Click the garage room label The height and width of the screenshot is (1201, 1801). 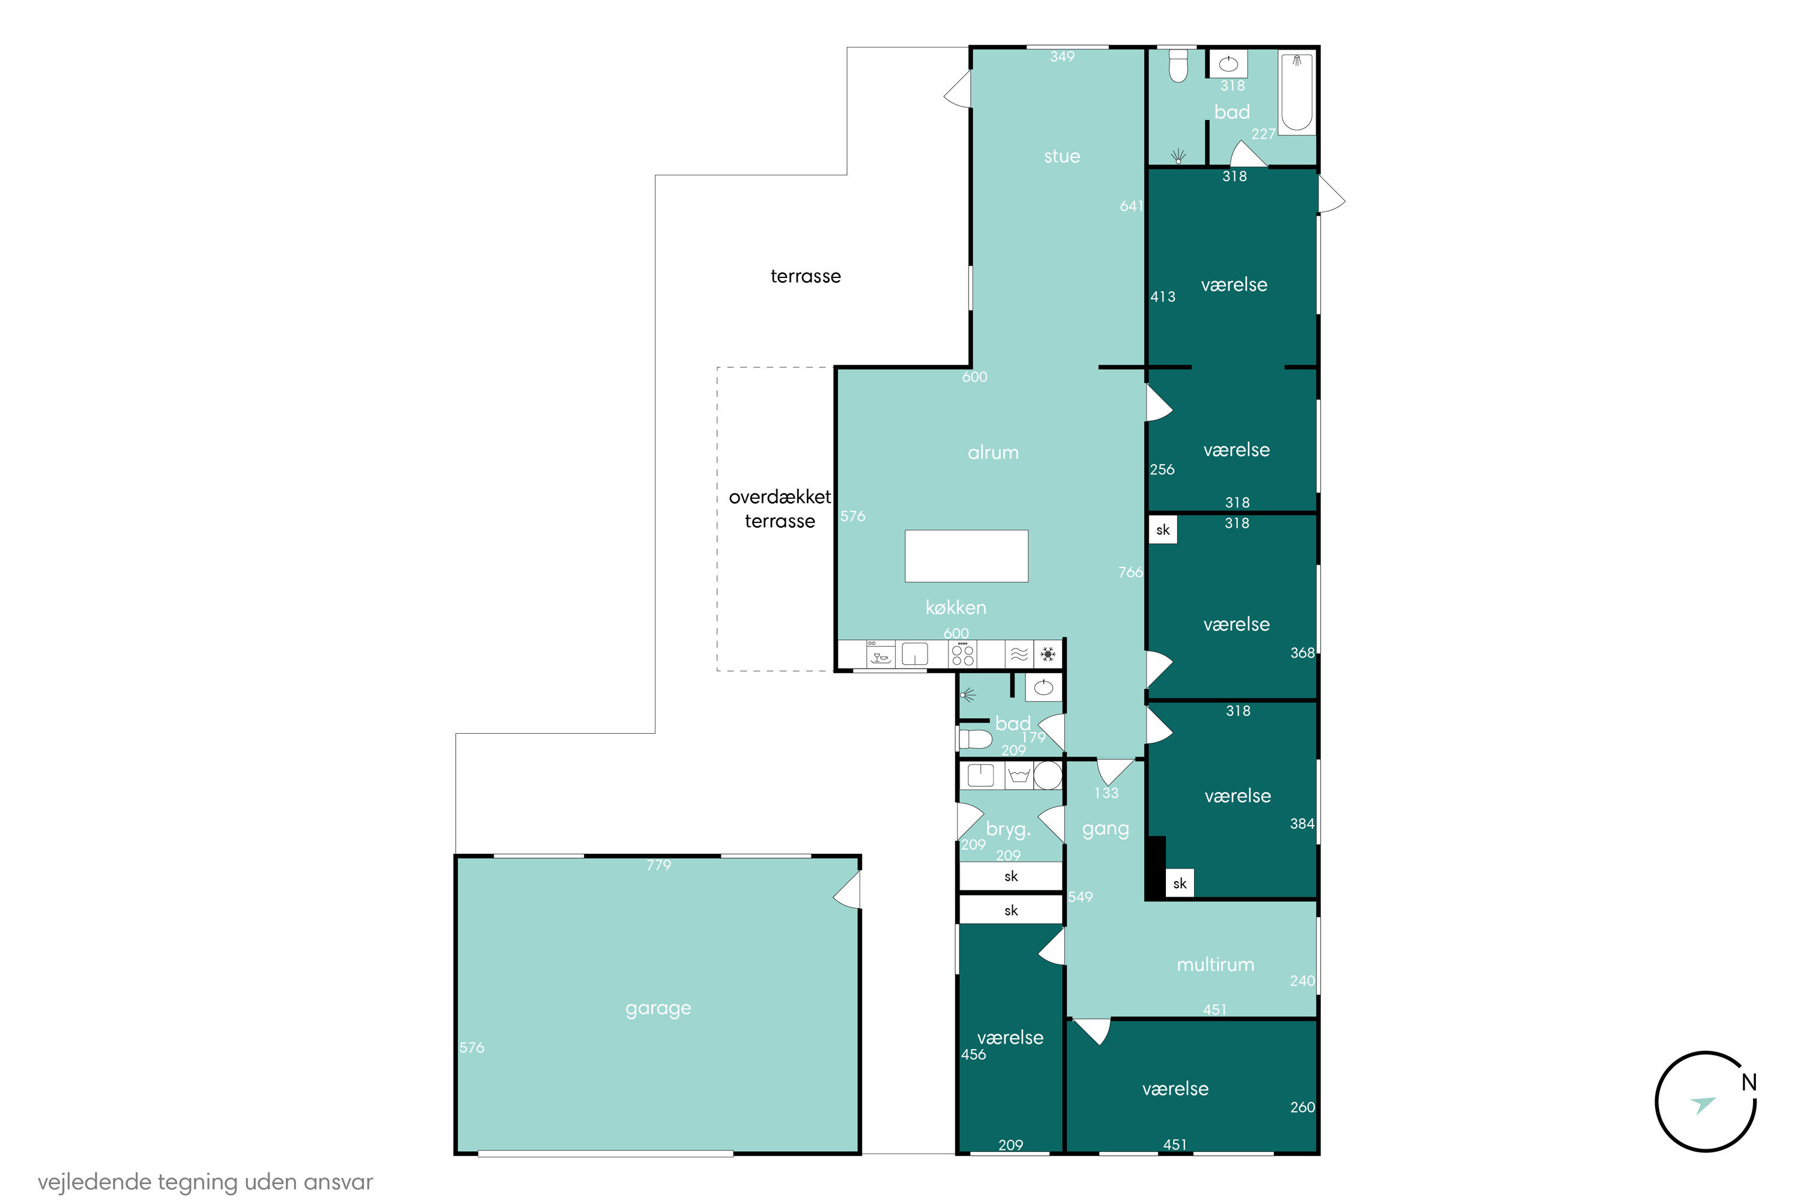click(x=658, y=1009)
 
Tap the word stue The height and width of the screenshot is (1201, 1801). click(x=1061, y=156)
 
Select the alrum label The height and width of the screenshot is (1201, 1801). click(x=992, y=453)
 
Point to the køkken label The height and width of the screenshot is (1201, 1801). click(x=956, y=607)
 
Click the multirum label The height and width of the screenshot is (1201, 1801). click(x=1215, y=964)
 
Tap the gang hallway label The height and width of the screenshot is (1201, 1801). click(x=1105, y=829)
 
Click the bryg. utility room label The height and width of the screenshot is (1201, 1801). click(x=1008, y=829)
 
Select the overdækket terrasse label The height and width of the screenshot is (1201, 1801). click(x=779, y=509)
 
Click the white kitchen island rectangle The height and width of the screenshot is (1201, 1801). click(x=967, y=556)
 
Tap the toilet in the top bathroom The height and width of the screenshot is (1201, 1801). click(x=1178, y=66)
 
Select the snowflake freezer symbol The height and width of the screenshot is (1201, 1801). click(x=1048, y=654)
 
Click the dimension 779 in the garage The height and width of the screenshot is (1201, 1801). click(x=659, y=865)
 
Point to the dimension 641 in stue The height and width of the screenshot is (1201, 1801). click(x=1131, y=206)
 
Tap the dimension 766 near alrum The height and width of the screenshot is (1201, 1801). click(x=1130, y=572)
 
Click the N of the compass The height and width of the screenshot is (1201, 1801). click(x=1749, y=1082)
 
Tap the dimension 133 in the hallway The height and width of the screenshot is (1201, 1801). click(x=1106, y=793)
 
